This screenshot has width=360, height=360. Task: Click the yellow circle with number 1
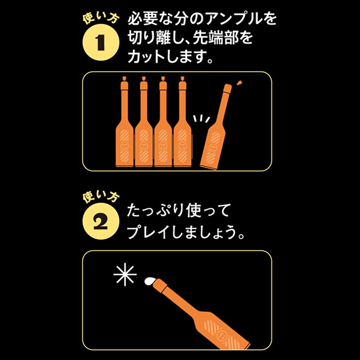(101, 42)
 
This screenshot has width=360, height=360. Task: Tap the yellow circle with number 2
(101, 221)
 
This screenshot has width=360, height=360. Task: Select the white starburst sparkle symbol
(125, 274)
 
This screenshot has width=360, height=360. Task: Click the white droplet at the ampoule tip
(149, 281)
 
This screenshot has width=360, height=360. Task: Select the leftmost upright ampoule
(125, 122)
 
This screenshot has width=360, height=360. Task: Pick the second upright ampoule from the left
(144, 122)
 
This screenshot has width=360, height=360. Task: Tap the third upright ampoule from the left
(163, 122)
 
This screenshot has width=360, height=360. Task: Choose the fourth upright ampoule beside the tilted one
(183, 122)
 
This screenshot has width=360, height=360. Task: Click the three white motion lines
(201, 119)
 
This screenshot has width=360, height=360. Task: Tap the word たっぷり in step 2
(156, 210)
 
